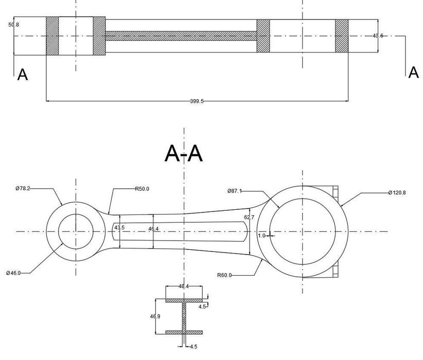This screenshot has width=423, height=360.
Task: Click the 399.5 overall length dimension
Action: click(x=197, y=101)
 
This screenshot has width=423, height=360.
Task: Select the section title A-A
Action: click(x=184, y=153)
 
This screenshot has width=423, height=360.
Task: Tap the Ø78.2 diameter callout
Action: click(x=23, y=189)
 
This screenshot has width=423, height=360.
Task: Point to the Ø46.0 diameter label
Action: click(x=13, y=273)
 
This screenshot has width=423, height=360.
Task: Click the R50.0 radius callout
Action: click(x=142, y=189)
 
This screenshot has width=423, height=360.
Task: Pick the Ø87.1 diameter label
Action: click(x=234, y=191)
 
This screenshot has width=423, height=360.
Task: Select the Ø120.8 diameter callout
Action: click(x=397, y=193)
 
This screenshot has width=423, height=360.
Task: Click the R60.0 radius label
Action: click(x=224, y=275)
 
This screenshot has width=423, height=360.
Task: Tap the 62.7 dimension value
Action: click(x=249, y=218)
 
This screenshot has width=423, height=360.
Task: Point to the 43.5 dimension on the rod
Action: click(x=119, y=227)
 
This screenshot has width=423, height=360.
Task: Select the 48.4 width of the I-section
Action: click(x=184, y=286)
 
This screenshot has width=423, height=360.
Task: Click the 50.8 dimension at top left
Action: click(x=14, y=24)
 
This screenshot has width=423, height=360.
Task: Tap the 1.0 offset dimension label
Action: click(x=261, y=236)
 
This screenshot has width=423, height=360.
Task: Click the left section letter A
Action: click(x=23, y=75)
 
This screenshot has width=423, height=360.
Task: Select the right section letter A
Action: click(x=413, y=73)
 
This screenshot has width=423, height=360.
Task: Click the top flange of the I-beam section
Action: click(x=185, y=300)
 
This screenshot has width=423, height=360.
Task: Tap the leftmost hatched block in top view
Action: click(x=52, y=35)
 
